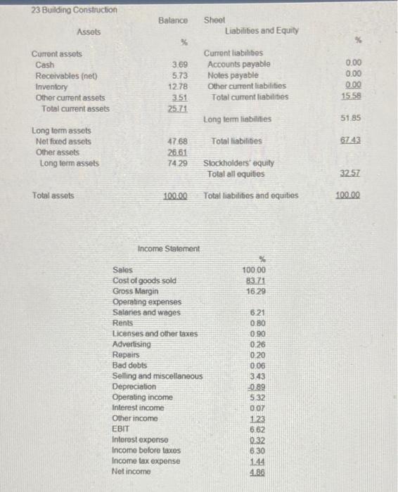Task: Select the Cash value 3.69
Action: [x=180, y=64]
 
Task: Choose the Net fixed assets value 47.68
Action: [x=178, y=141]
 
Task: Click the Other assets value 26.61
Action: [x=178, y=153]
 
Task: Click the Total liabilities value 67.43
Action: [x=352, y=141]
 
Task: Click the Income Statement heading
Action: [x=169, y=248]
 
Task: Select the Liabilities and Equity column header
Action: [x=262, y=31]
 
